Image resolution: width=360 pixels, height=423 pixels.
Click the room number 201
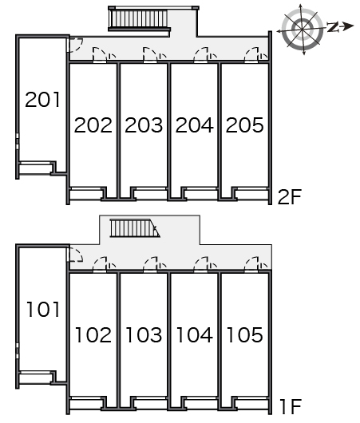[42, 100]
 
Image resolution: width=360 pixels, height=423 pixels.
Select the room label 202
[93, 125]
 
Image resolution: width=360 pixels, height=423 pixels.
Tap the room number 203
[144, 125]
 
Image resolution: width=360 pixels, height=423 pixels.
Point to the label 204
[194, 125]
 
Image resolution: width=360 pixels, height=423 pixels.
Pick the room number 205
[244, 125]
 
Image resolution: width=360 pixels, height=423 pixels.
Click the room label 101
[43, 310]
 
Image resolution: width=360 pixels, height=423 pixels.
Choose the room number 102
[93, 334]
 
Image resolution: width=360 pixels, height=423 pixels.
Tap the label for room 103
[144, 334]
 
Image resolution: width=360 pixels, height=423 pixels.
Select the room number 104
[195, 334]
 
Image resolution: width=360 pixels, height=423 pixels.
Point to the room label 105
[245, 334]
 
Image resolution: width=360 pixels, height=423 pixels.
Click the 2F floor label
[289, 197]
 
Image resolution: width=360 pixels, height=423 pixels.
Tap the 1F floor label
[291, 406]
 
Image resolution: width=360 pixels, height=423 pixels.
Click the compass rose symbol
[302, 29]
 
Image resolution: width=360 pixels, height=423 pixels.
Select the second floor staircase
[139, 20]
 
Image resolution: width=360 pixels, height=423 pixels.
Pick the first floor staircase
[134, 228]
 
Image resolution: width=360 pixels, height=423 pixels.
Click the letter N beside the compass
[333, 27]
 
